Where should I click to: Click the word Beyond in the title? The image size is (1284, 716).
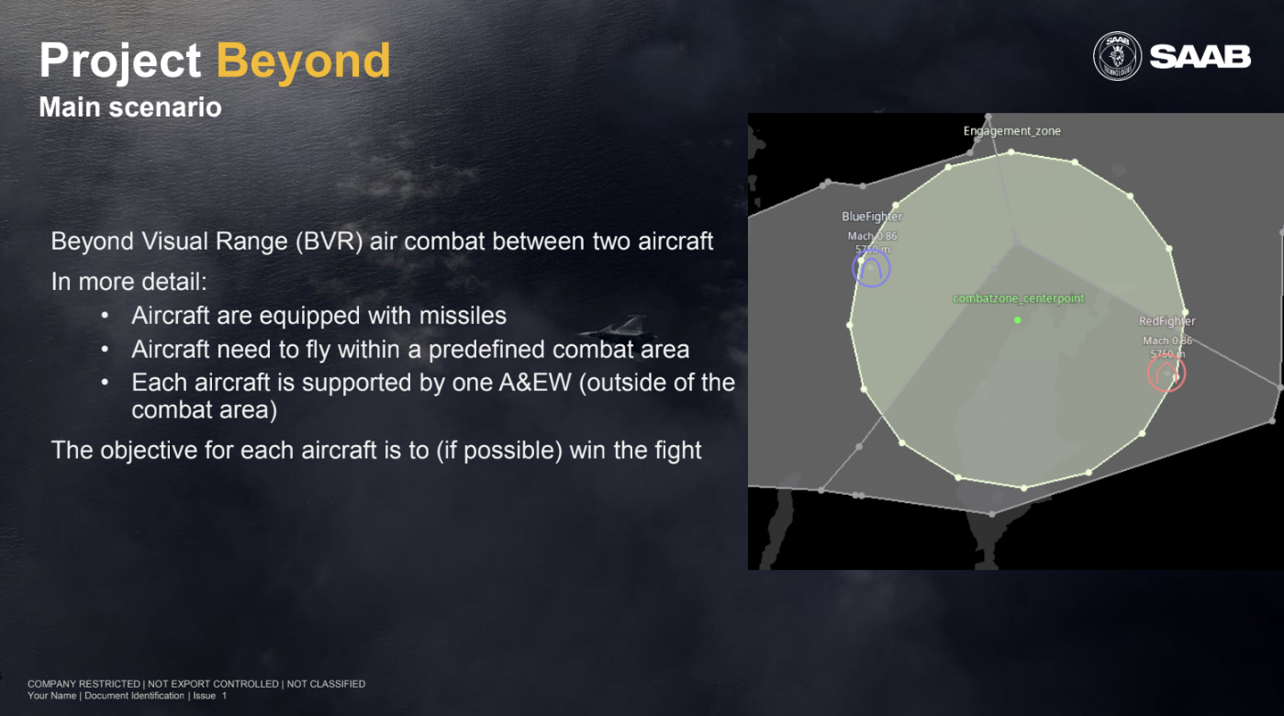303,61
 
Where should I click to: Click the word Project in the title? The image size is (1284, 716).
119,61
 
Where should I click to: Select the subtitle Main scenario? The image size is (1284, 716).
130,107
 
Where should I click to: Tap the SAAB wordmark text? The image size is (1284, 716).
1200,57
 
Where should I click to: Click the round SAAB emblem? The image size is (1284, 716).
1117,56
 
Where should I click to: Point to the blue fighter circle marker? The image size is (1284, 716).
871,268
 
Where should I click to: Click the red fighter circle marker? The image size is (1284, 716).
1167,373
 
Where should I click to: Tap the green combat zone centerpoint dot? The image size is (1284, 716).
1017,319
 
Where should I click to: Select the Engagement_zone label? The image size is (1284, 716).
1011,131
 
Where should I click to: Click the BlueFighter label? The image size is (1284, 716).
872,217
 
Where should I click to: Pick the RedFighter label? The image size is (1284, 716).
1167,321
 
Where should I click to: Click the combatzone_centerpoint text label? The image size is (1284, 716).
1019,298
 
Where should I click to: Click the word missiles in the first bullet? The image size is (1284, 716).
463,316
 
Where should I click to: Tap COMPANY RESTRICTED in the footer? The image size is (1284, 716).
84,684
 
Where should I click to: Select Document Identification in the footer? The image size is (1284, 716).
134,696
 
